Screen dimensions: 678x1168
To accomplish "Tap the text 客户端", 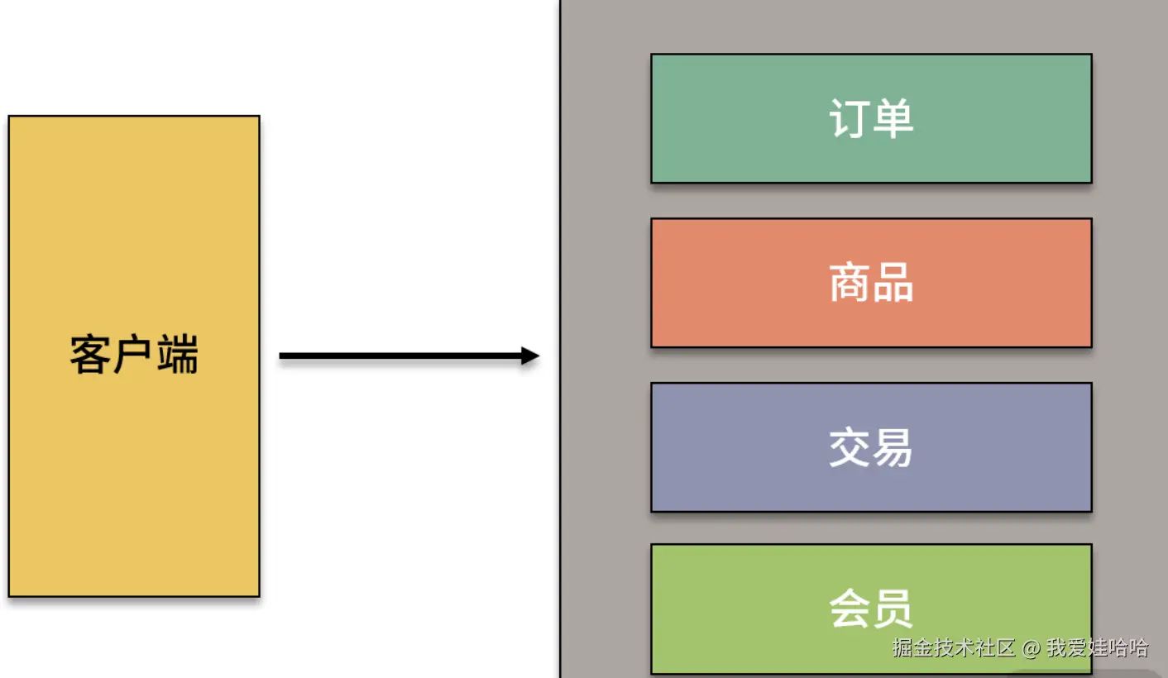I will (134, 356).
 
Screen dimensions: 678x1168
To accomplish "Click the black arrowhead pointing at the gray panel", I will (529, 356).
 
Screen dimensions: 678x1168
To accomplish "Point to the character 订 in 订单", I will (850, 118).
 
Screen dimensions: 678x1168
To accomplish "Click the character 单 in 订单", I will (893, 118).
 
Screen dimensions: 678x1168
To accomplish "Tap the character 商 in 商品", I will (850, 283).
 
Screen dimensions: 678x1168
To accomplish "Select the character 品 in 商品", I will (893, 283).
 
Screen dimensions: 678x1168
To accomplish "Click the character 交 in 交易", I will (850, 447).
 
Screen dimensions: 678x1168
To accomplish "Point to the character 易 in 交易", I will (893, 447).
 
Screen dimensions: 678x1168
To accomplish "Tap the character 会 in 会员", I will (850, 609).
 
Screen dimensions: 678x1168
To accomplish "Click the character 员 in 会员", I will (893, 609).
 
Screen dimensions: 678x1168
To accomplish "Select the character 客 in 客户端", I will (90, 356).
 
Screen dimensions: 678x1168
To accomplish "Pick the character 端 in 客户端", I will (178, 356).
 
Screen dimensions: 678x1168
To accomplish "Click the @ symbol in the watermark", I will (1030, 647).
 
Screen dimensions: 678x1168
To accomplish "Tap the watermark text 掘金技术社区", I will (954, 647).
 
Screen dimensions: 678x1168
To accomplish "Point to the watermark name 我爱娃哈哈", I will (1097, 647).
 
